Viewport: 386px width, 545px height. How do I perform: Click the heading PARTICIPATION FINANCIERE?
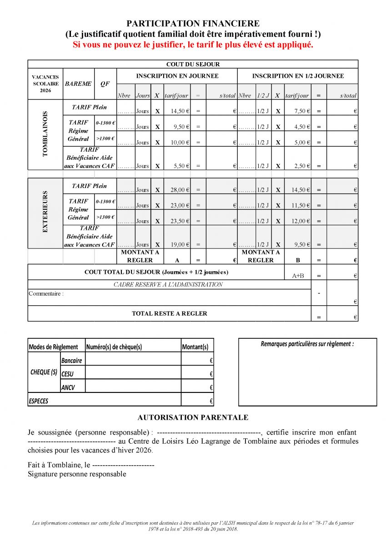(x=193, y=24)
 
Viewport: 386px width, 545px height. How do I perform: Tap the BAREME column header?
(x=78, y=84)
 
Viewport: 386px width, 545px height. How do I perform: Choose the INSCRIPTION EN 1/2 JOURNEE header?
(x=298, y=76)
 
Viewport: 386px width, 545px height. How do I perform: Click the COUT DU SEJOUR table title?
(x=193, y=64)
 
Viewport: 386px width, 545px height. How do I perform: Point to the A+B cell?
(x=297, y=275)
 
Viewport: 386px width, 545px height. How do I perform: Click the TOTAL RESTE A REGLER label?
(x=169, y=313)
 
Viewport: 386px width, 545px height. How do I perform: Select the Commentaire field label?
(x=46, y=293)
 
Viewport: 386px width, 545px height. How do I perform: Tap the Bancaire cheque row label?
(x=72, y=360)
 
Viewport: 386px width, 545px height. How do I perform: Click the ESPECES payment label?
(x=39, y=401)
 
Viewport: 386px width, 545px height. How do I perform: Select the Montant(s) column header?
(x=195, y=347)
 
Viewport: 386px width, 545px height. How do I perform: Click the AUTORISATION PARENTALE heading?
(x=193, y=417)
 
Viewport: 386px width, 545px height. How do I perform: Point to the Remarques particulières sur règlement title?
(x=307, y=344)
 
